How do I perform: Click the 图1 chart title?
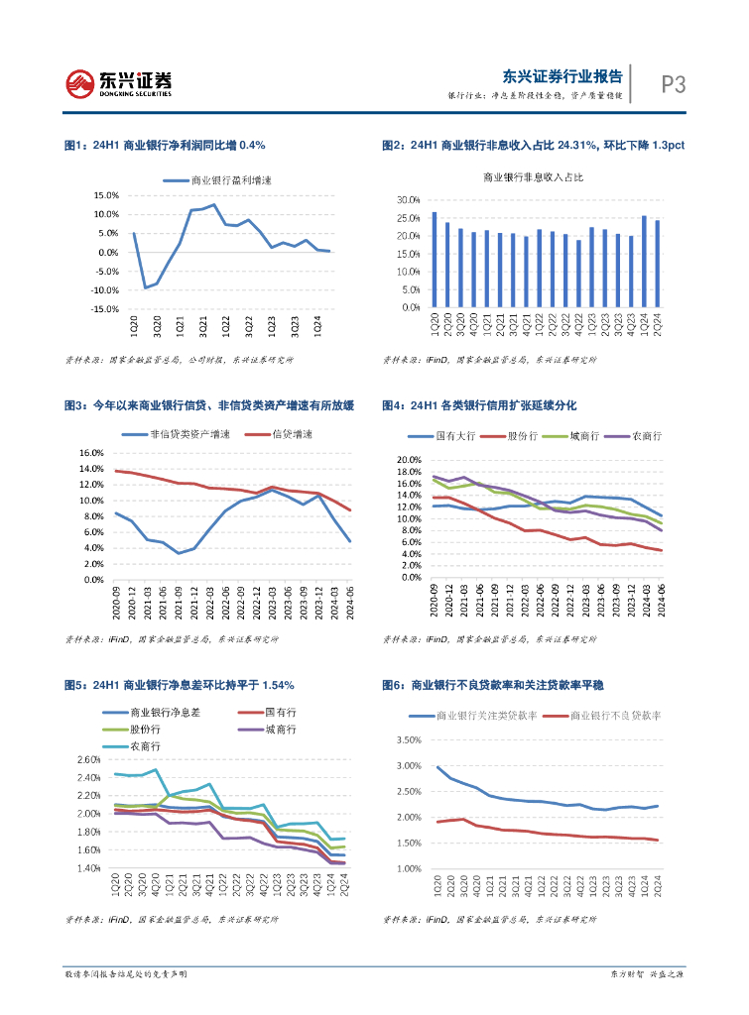click(164, 145)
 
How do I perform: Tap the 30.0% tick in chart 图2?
click(410, 199)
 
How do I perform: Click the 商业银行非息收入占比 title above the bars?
click(533, 176)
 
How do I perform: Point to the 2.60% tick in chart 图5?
click(88, 759)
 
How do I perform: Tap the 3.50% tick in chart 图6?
click(410, 740)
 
